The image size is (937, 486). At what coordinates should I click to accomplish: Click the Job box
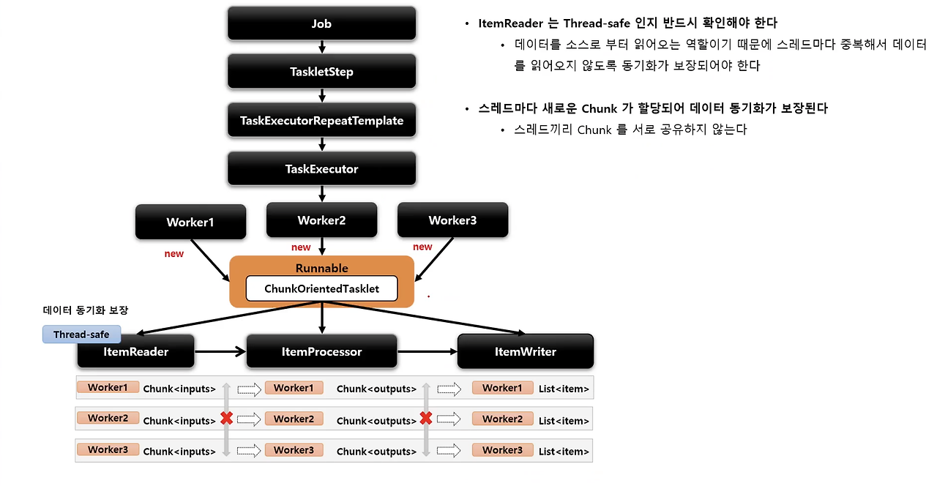tap(321, 23)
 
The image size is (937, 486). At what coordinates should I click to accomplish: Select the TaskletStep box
tap(321, 72)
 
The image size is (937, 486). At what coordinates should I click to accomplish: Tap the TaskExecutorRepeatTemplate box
tap(321, 120)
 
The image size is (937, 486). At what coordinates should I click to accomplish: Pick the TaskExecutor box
tap(321, 168)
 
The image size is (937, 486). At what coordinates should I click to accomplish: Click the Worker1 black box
tap(190, 222)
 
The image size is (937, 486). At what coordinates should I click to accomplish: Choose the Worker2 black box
tap(321, 220)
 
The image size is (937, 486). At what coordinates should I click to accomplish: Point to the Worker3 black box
tap(452, 220)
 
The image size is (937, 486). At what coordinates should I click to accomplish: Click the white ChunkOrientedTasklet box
tap(321, 288)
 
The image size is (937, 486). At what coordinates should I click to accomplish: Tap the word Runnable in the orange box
tap(321, 268)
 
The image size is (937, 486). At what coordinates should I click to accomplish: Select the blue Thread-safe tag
tap(81, 334)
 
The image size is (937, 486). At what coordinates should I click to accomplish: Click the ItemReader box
tap(135, 352)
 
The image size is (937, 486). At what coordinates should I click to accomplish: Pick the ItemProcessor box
tap(321, 352)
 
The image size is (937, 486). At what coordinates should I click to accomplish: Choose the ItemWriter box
tap(525, 352)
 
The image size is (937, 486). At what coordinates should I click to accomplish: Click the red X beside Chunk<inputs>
tap(227, 419)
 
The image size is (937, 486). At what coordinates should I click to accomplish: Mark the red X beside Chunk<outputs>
tap(426, 419)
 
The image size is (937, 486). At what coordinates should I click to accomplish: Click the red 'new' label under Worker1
tap(173, 253)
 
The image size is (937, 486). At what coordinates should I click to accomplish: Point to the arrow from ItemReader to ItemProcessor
tap(220, 352)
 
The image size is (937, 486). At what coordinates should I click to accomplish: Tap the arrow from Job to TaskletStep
tap(321, 48)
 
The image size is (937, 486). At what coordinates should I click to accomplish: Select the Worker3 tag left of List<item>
tap(502, 450)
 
